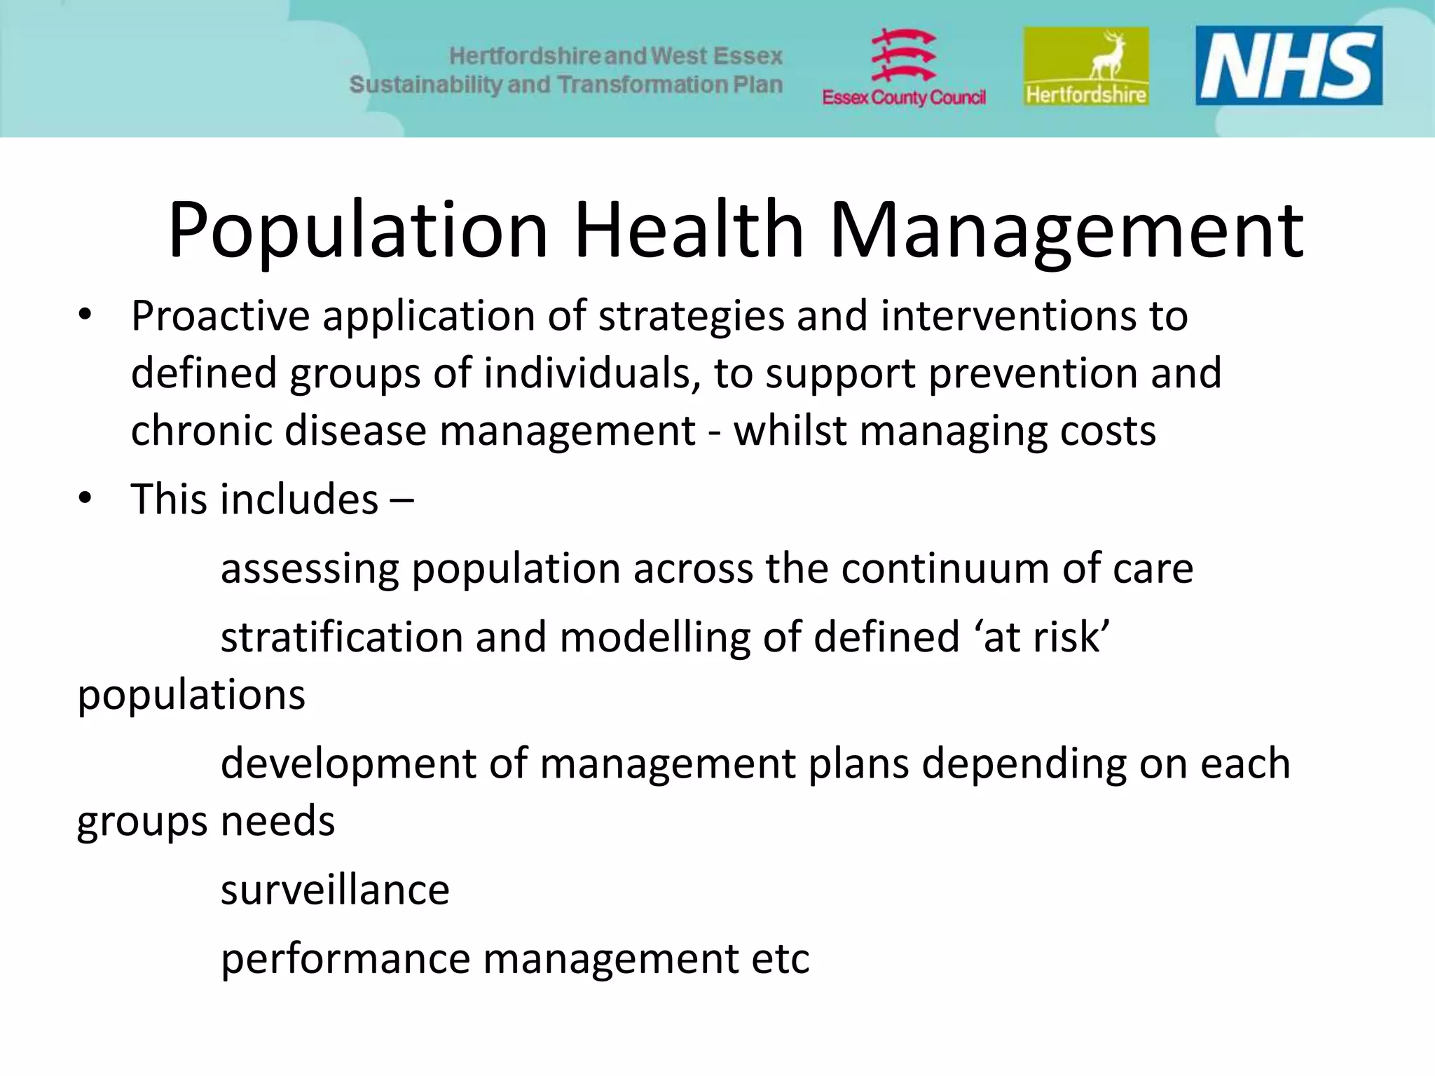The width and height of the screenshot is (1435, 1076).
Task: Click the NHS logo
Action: pyautogui.click(x=1288, y=65)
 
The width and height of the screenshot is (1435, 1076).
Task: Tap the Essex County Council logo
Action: pyautogui.click(x=903, y=68)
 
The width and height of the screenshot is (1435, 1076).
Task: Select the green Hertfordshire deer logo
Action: pyautogui.click(x=1086, y=67)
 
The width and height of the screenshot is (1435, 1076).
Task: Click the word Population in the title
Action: pyautogui.click(x=357, y=231)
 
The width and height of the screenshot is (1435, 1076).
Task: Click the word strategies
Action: pyautogui.click(x=691, y=317)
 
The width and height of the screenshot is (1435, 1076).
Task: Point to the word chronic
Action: pyautogui.click(x=201, y=430)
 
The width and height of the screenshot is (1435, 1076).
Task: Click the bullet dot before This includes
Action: pyautogui.click(x=85, y=499)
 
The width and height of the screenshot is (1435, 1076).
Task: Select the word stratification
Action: pyautogui.click(x=342, y=637)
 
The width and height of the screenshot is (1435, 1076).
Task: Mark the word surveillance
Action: pyautogui.click(x=335, y=890)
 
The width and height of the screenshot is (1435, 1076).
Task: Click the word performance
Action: pyautogui.click(x=345, y=960)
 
